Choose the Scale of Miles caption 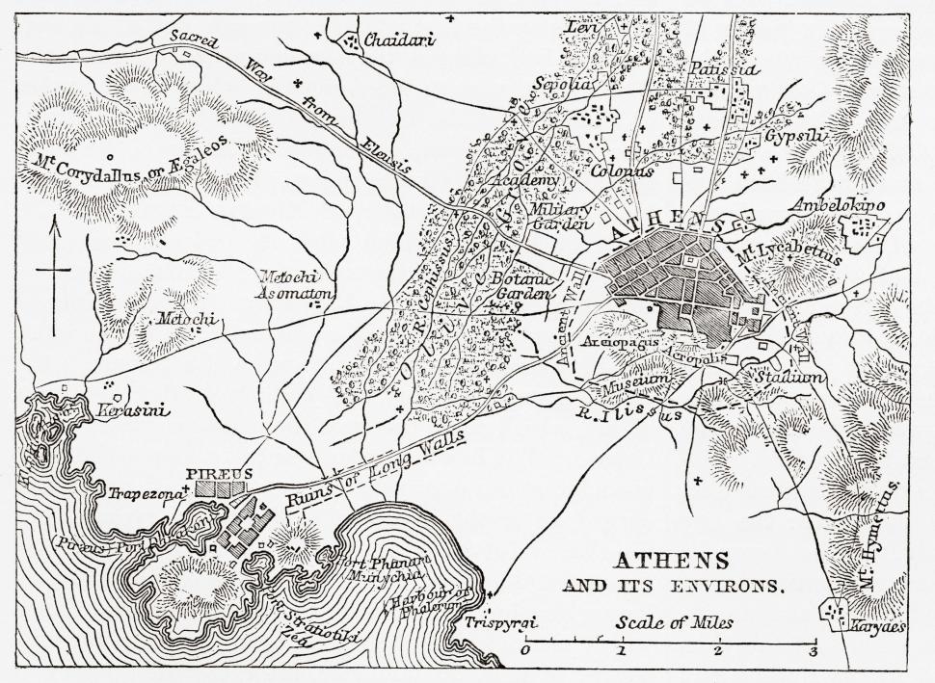[x=675, y=622]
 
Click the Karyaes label [x=878, y=626]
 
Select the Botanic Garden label [x=521, y=283]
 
